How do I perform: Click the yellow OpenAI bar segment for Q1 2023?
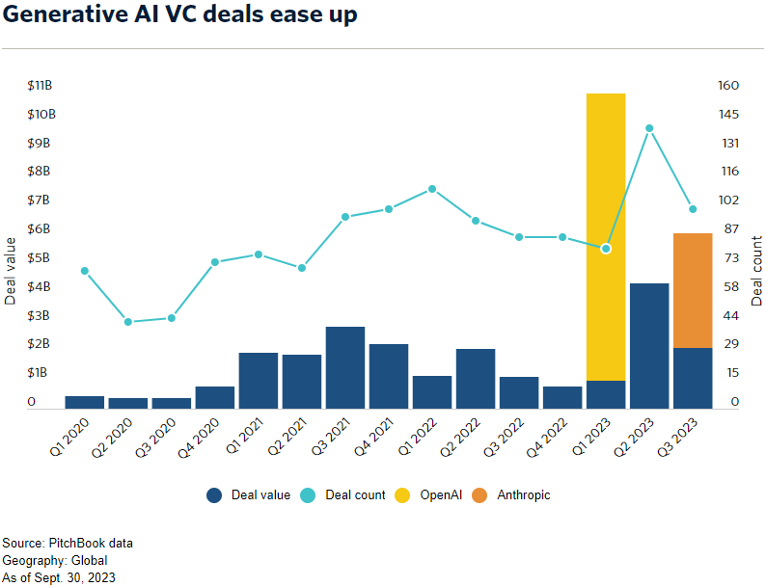[606, 236]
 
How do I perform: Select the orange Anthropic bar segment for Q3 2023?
[693, 290]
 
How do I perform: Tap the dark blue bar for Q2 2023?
[649, 345]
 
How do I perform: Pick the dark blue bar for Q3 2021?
[345, 367]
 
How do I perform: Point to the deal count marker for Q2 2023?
[649, 128]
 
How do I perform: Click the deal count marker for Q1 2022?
[432, 189]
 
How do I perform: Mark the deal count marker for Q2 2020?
[128, 321]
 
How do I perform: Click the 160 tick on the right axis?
[728, 86]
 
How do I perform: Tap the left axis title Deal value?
[11, 271]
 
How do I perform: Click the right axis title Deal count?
[757, 271]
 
